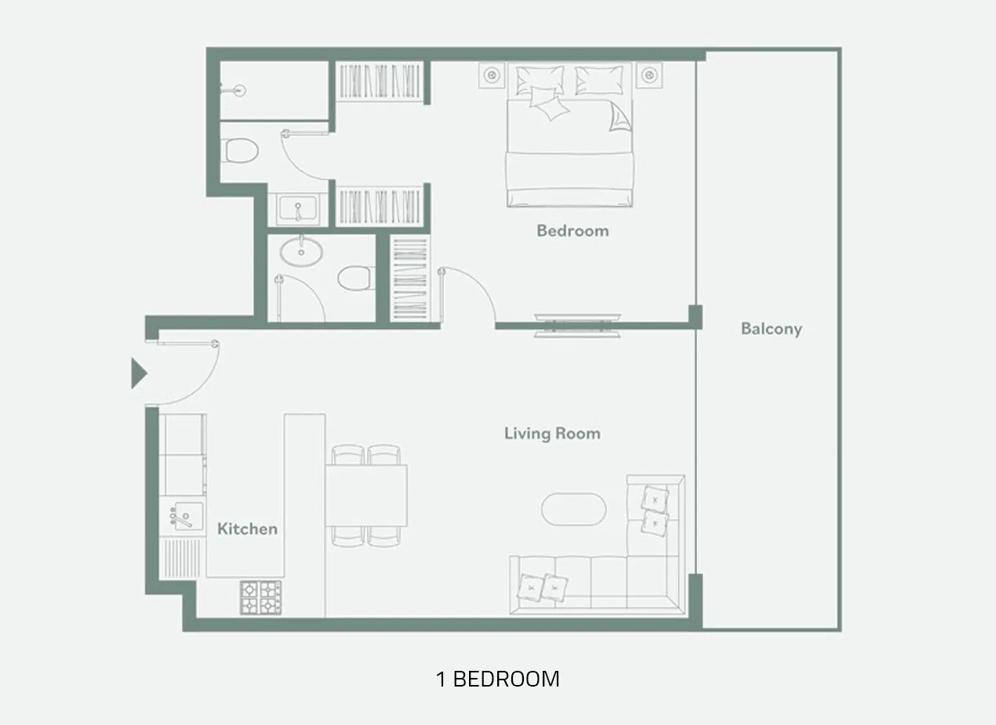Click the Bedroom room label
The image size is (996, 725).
[572, 231]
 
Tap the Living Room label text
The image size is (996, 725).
[552, 433]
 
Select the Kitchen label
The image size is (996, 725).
[247, 529]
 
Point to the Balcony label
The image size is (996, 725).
[771, 329]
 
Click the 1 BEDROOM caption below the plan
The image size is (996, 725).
[497, 679]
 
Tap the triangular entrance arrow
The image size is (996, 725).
[138, 373]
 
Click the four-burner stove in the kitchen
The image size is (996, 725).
[260, 596]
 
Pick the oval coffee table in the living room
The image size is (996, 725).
[573, 510]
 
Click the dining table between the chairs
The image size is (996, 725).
[366, 496]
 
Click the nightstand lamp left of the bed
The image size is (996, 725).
[492, 75]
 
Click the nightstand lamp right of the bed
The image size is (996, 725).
[649, 75]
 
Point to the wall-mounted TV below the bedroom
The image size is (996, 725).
[576, 324]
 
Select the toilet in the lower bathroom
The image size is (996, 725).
[354, 278]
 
